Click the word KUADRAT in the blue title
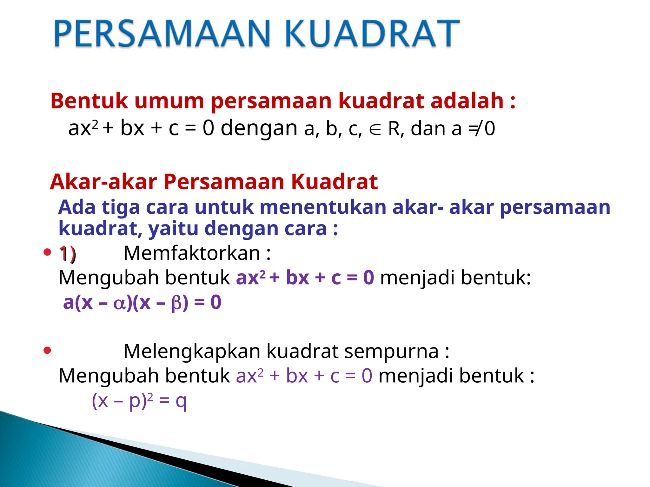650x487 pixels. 372,33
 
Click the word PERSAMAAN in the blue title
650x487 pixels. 162,33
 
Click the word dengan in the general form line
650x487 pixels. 259,128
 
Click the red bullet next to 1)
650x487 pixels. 47,252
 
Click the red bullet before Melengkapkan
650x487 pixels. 47,350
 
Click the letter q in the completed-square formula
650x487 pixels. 181,401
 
